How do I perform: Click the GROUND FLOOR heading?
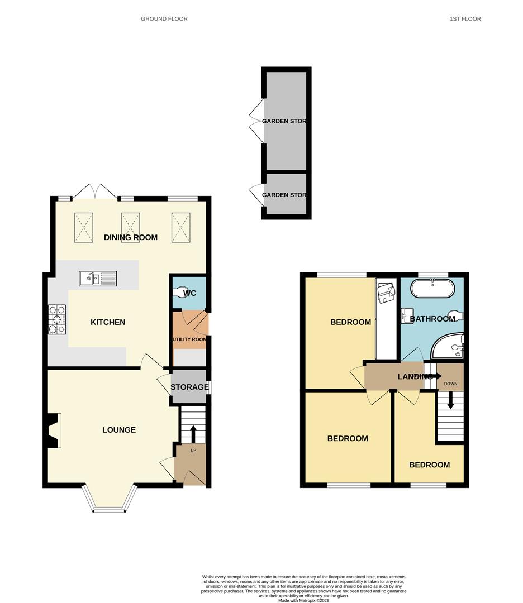tap(164, 19)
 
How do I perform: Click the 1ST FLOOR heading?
tap(465, 19)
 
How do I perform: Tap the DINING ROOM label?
tap(131, 237)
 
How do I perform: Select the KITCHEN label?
tap(108, 322)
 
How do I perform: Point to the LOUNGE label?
tap(119, 430)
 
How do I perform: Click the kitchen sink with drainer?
tap(98, 277)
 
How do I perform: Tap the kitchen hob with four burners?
tap(57, 319)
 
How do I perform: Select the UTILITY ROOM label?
tap(189, 339)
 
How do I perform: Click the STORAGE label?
tap(189, 387)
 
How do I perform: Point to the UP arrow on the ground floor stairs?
tap(193, 433)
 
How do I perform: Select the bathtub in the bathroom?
tap(433, 289)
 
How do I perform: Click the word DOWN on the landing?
tap(450, 384)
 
